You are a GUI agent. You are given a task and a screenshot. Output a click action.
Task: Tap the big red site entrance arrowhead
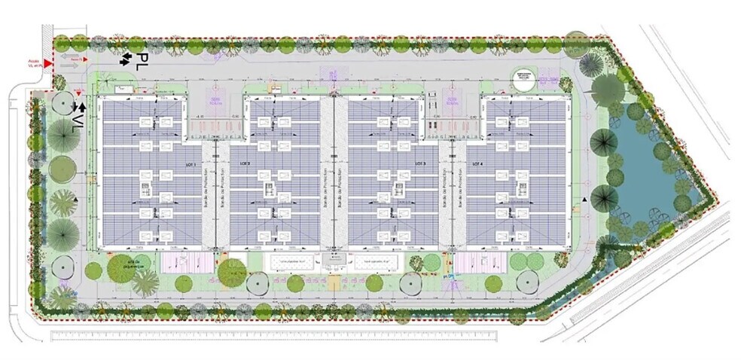coord(48,64)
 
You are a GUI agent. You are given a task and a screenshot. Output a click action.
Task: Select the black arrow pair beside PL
coord(124,58)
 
